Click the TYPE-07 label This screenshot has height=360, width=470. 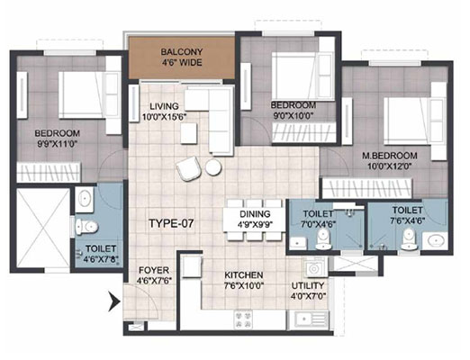tap(171, 223)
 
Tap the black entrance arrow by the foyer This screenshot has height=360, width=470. tap(114, 301)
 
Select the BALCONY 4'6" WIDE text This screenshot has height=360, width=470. tap(181, 57)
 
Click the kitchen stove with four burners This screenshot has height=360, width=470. tap(243, 319)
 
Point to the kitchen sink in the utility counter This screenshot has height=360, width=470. tap(308, 319)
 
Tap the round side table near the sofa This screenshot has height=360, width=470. tap(213, 167)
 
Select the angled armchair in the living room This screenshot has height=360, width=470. tap(188, 168)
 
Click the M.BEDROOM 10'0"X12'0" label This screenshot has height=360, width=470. tap(390, 161)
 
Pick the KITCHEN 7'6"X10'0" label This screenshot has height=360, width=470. tap(244, 280)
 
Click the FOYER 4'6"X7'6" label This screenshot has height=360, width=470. tap(154, 275)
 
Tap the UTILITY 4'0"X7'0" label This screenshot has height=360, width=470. tap(308, 291)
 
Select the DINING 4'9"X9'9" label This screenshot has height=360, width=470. tap(255, 219)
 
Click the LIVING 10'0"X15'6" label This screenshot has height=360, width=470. tap(164, 112)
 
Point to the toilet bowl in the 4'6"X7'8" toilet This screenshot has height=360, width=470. tap(86, 227)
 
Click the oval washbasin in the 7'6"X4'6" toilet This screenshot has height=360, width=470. tap(435, 240)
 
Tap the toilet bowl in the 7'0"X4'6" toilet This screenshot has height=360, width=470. tap(323, 239)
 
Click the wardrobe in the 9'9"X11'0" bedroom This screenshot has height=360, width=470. tap(49, 172)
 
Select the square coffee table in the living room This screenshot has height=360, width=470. tap(189, 133)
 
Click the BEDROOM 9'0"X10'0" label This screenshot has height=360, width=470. tap(294, 111)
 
